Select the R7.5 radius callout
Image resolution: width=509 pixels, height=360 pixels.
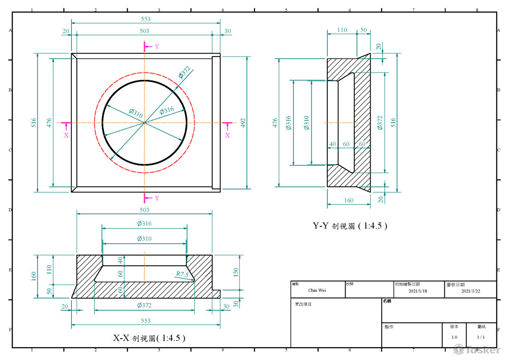[182, 274]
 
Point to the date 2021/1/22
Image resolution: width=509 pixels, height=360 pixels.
[471, 291]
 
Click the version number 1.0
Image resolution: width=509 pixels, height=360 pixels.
[454, 337]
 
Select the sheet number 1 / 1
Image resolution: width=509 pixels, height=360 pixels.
[480, 337]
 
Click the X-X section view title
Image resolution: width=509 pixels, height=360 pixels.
[149, 338]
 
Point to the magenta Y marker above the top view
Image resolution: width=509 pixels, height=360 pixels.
[157, 46]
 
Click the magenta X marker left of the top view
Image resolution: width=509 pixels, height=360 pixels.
[66, 135]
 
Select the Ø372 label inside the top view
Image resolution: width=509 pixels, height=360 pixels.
[184, 73]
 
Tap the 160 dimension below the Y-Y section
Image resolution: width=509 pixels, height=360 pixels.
[348, 201]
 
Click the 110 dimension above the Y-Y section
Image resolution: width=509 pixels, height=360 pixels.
[342, 31]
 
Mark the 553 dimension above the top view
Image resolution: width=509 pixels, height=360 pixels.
[146, 19]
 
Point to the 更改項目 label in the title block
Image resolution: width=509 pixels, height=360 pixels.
[303, 304]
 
